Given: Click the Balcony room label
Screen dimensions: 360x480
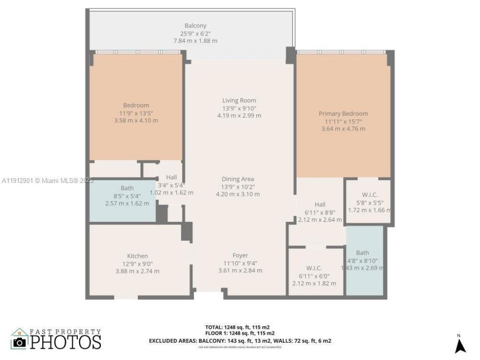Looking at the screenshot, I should tap(195, 26).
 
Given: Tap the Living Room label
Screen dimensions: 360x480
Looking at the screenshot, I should tap(239, 100).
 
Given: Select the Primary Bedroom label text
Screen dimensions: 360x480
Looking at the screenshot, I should tap(343, 113).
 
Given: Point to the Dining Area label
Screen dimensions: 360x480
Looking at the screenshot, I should tap(238, 179).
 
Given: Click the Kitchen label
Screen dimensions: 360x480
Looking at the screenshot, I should tap(137, 256).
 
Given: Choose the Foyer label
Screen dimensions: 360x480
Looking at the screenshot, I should tap(240, 255).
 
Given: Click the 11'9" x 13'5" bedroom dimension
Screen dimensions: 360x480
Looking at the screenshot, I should tap(135, 113).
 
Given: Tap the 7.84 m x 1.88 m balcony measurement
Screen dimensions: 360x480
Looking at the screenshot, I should tap(195, 41).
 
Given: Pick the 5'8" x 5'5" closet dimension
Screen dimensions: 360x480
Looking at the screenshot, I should tap(370, 203).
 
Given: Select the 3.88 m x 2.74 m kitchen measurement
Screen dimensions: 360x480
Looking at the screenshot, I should tap(137, 271).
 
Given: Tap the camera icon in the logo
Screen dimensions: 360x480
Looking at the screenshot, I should tap(19, 342).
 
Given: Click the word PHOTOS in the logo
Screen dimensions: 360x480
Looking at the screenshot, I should tap(66, 342).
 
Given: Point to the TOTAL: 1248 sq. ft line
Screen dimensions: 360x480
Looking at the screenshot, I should tap(237, 327).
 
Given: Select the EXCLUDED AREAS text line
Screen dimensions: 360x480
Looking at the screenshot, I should tap(240, 341).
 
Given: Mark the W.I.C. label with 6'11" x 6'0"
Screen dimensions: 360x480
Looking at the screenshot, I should tap(314, 268).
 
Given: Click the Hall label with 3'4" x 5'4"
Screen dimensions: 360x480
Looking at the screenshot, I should tap(171, 178).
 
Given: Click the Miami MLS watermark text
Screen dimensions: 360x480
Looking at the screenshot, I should tap(47, 180).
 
